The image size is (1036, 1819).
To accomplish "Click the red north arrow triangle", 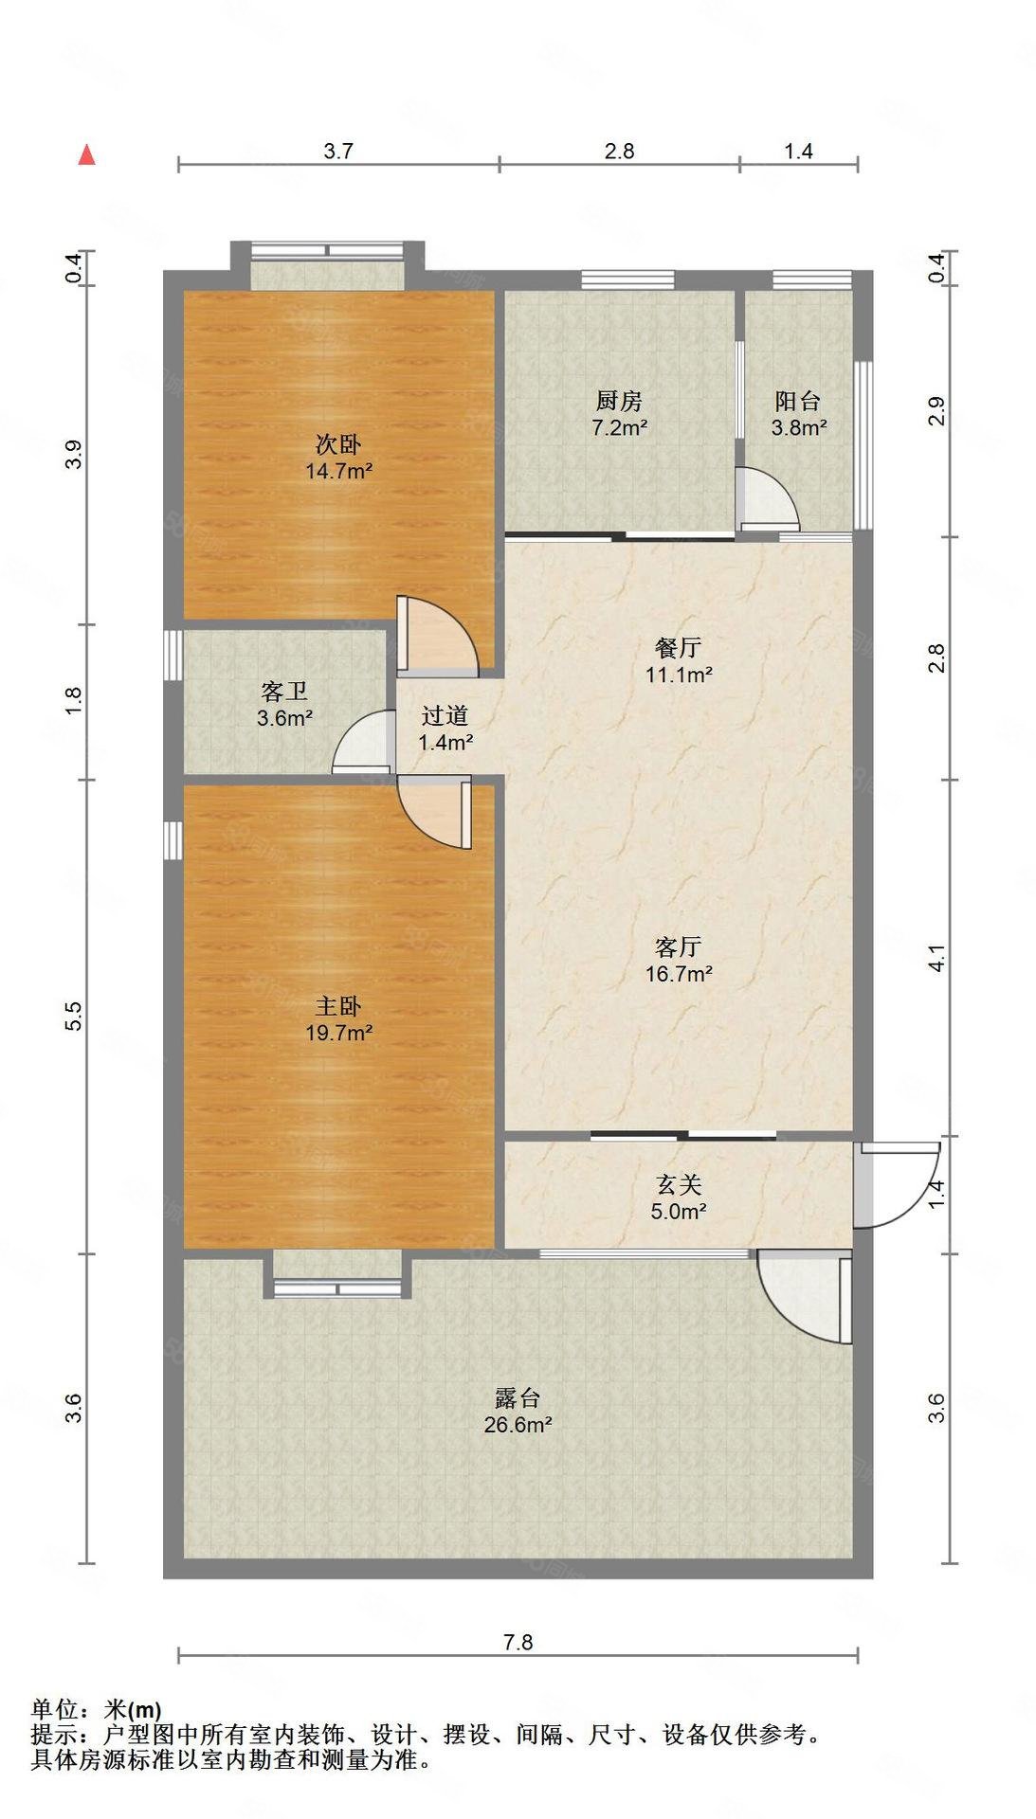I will [86, 154].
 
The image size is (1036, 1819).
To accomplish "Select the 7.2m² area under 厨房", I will [619, 428].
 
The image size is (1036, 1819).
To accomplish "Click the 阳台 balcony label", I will [798, 402].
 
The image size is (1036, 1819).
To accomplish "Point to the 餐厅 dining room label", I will [678, 648].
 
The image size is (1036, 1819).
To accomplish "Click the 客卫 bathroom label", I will [284, 693].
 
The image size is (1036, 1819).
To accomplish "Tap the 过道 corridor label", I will [445, 716].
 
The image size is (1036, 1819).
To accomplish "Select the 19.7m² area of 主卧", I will [338, 1033].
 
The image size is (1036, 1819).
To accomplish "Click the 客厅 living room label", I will [678, 946].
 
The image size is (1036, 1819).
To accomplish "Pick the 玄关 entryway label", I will [679, 1184].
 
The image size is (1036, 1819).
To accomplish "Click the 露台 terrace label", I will [518, 1397].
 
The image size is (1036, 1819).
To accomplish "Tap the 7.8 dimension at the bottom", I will [518, 1642].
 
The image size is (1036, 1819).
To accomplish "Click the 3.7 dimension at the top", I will [338, 151].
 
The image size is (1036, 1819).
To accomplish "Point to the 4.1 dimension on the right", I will [936, 958].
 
